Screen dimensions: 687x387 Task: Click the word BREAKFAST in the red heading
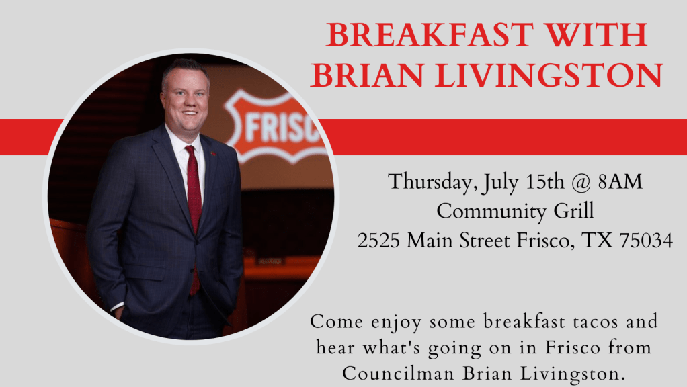430,35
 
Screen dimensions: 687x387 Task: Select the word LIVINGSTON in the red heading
549,75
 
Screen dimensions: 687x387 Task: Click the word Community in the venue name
491,212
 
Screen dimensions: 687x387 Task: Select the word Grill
573,210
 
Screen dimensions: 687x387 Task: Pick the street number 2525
378,241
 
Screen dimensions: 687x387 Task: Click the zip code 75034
646,241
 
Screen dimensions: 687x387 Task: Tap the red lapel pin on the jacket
213,154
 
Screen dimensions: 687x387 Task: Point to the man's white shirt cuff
117,306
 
